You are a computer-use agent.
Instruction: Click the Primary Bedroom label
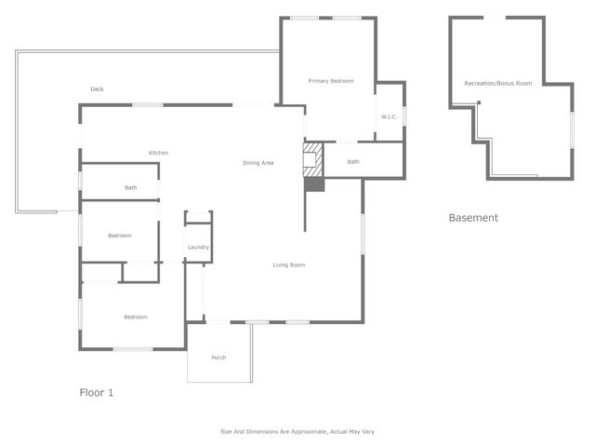[331, 81]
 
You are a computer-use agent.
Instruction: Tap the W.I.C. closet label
[389, 116]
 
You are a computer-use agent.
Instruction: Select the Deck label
[97, 89]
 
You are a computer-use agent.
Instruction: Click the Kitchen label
[159, 153]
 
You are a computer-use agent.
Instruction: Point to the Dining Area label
[258, 163]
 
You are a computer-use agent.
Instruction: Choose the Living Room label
[288, 265]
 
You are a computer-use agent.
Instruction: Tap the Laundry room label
[198, 247]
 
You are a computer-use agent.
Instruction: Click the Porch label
[218, 358]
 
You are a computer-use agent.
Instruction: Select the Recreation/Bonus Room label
[498, 84]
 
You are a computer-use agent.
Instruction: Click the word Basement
[473, 218]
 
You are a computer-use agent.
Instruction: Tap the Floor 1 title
[97, 393]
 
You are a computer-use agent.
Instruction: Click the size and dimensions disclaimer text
[297, 431]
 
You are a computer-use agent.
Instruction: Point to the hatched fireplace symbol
[313, 159]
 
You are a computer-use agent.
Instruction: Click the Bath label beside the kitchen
[131, 188]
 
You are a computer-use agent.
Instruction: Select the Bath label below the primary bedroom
[353, 162]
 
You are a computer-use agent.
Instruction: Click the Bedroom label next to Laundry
[120, 236]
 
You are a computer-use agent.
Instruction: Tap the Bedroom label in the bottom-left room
[136, 318]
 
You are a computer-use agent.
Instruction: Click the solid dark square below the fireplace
[314, 184]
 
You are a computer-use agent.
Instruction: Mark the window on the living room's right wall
[363, 233]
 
